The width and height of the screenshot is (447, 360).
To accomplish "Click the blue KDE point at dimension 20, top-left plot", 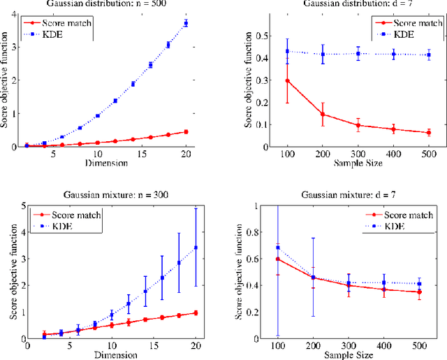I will tap(185, 23).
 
